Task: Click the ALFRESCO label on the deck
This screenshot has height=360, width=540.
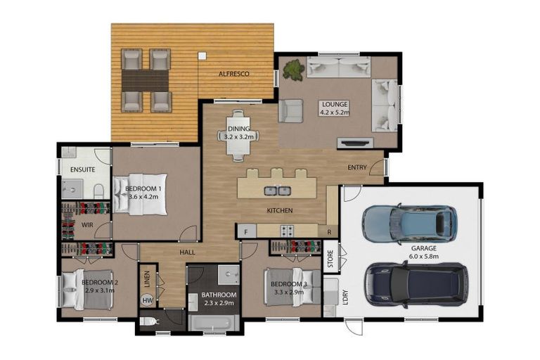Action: tap(236, 74)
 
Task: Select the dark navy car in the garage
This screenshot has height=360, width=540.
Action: tap(415, 284)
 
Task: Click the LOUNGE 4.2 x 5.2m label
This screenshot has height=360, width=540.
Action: tap(334, 108)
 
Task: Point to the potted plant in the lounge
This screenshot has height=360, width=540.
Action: tap(293, 69)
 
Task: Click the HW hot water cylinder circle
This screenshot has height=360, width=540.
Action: tap(148, 300)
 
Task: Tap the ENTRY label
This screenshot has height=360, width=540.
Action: tap(359, 167)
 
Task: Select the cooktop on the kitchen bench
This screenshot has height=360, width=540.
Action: tap(287, 230)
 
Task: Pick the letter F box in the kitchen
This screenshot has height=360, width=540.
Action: tap(245, 231)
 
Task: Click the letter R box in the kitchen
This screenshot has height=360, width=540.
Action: tap(329, 231)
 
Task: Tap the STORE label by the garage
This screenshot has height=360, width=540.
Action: tap(330, 258)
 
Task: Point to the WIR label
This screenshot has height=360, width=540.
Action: tap(87, 225)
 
